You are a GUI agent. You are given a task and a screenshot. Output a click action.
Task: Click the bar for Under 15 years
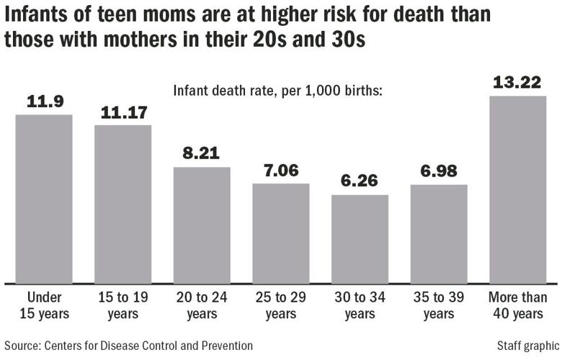pyautogui.click(x=44, y=198)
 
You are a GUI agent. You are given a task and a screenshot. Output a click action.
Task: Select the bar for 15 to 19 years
pyautogui.click(x=123, y=203)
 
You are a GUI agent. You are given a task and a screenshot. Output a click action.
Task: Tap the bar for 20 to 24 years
pyautogui.click(x=202, y=224)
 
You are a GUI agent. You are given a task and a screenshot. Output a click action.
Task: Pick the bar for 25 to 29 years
pyautogui.click(x=281, y=233)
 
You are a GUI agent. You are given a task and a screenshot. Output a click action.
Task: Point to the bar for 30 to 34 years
pyautogui.click(x=360, y=238)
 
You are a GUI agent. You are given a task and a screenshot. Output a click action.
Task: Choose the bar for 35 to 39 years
pyautogui.click(x=439, y=233)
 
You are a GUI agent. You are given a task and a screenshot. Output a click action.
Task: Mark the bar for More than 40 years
pyautogui.click(x=517, y=189)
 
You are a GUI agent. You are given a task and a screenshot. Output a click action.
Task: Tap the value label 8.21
pyautogui.click(x=202, y=154)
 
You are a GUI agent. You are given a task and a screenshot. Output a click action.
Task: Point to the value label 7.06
pyautogui.click(x=281, y=171)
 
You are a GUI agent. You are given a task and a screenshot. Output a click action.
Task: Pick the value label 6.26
pyautogui.click(x=360, y=182)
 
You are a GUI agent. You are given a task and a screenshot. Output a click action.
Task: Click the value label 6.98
pyautogui.click(x=439, y=172)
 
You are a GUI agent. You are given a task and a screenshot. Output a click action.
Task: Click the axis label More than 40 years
pyautogui.click(x=517, y=305)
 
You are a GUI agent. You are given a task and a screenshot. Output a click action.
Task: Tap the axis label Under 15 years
pyautogui.click(x=44, y=305)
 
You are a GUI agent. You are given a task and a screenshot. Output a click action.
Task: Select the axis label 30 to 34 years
pyautogui.click(x=360, y=305)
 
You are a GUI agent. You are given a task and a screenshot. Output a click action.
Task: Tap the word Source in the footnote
pyautogui.click(x=20, y=346)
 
